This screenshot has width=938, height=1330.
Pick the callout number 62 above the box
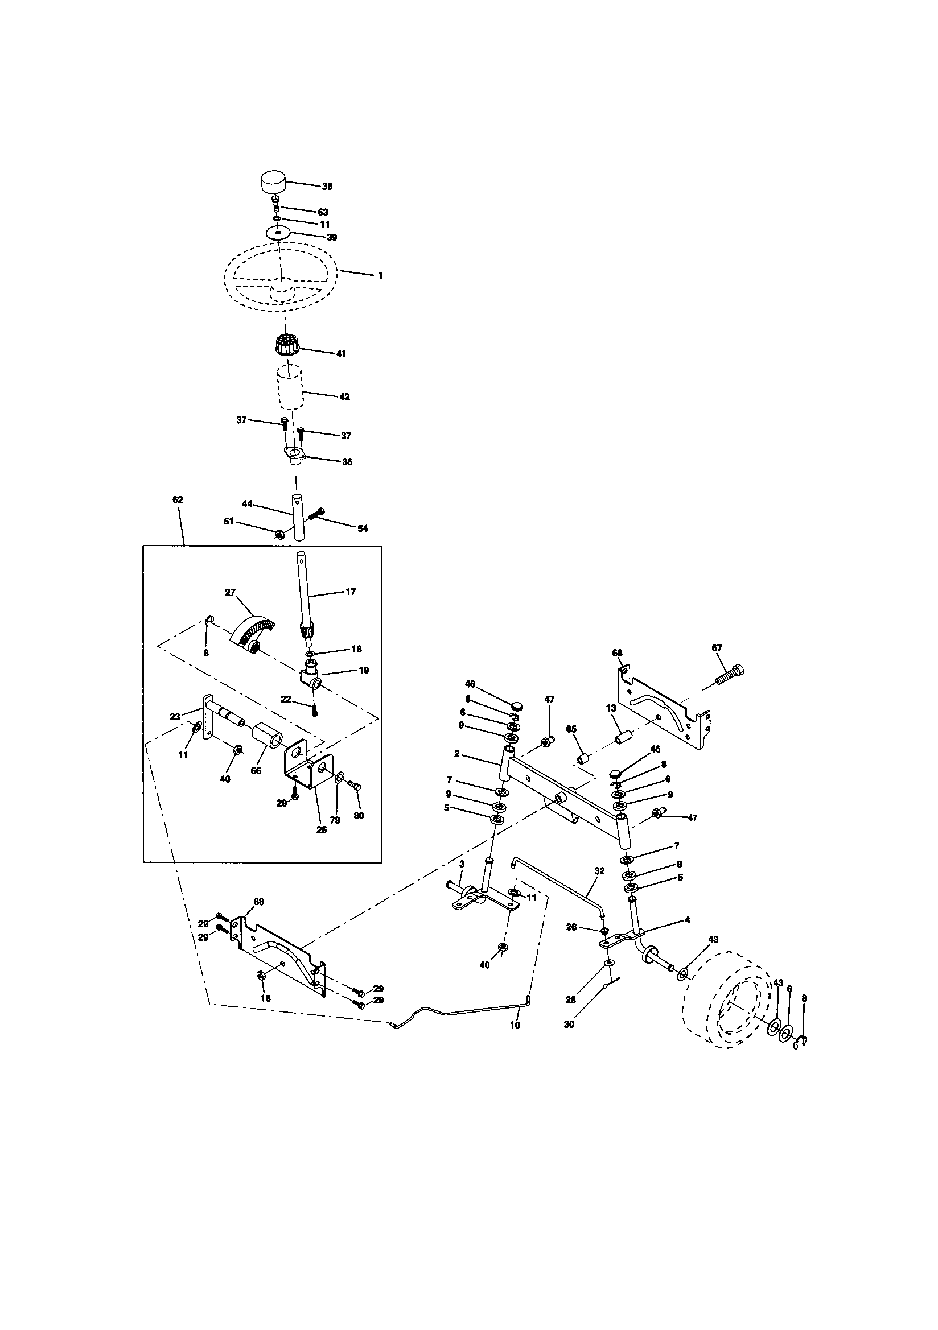click(178, 499)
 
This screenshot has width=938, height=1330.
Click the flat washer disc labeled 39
click(279, 232)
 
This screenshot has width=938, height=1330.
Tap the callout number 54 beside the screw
click(363, 528)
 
